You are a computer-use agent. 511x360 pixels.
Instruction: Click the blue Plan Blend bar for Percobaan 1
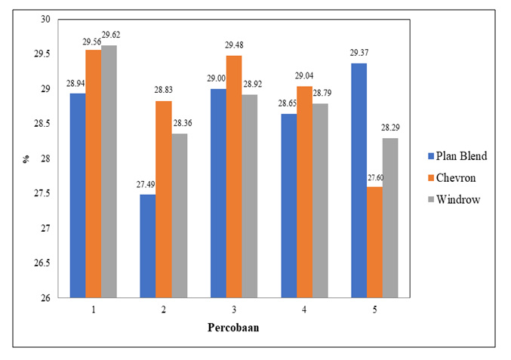coord(78,195)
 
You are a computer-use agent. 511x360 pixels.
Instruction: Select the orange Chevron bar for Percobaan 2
coord(164,199)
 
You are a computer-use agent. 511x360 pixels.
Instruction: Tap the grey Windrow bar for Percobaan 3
coord(250,196)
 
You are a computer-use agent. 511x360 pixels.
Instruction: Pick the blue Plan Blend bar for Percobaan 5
coord(359,180)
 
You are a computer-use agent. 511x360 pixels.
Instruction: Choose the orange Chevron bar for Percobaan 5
coord(374,242)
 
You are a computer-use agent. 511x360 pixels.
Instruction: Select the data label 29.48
coord(234,47)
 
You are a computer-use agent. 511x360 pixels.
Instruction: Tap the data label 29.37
coord(359,54)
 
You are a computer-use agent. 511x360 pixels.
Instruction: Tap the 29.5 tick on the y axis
coord(51,54)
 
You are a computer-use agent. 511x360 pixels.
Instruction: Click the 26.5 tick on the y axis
coord(51,263)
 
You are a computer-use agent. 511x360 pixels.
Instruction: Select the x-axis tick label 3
coord(234,309)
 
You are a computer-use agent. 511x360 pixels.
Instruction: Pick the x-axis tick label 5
coord(375,309)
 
